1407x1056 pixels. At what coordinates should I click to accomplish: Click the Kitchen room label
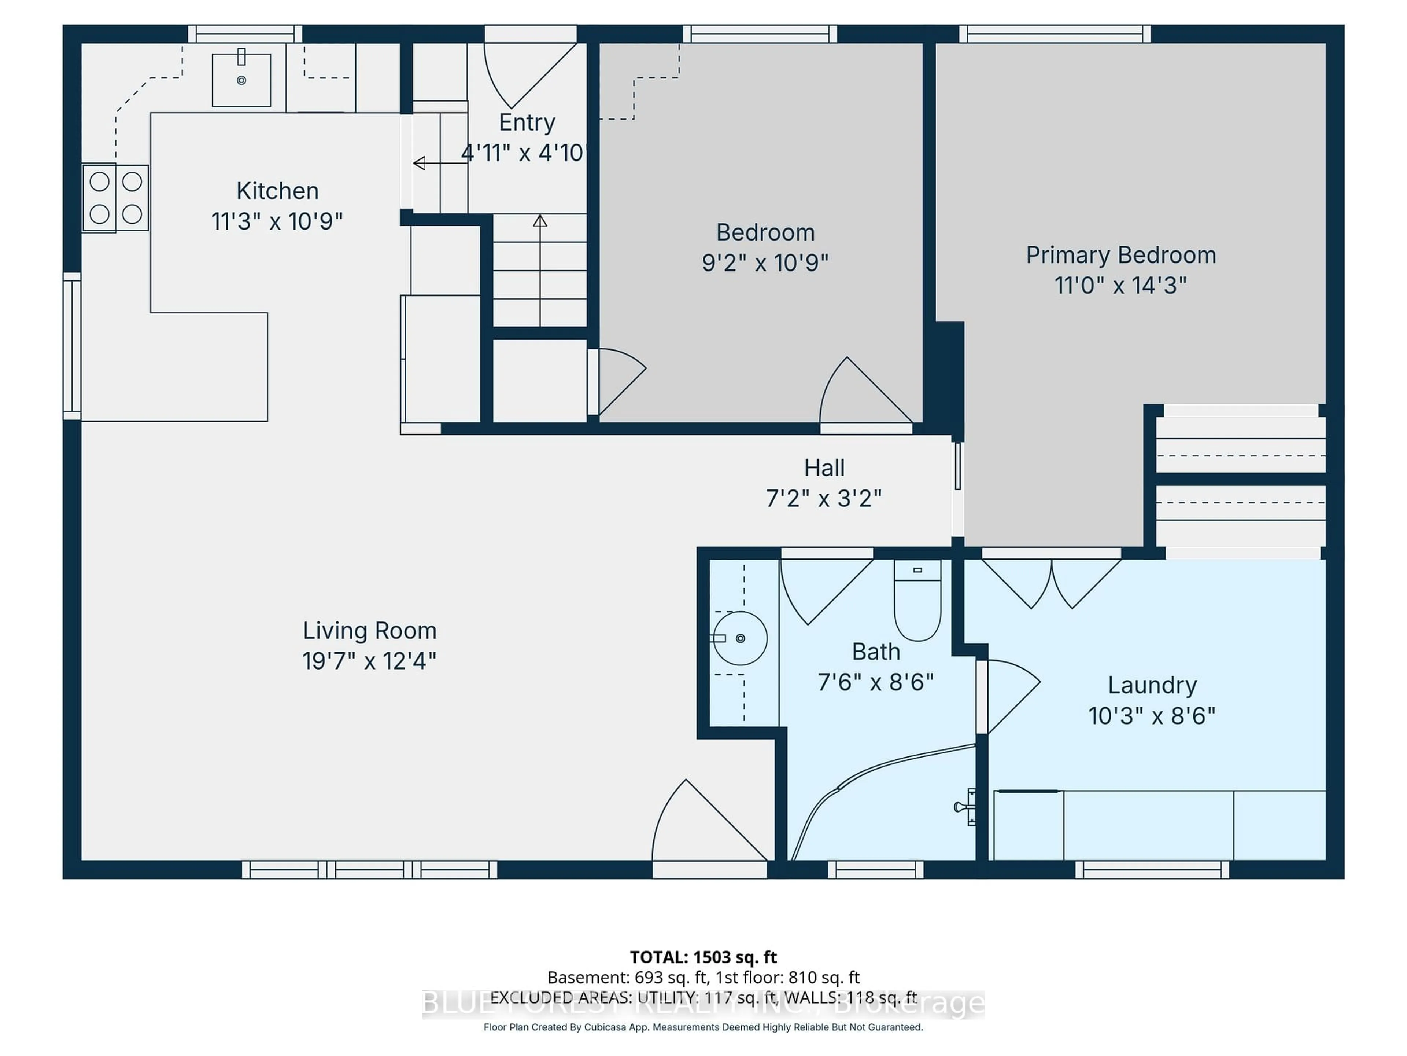click(x=277, y=191)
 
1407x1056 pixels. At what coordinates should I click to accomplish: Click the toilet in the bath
click(x=917, y=600)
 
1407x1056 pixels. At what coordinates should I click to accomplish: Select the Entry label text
click(x=527, y=122)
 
